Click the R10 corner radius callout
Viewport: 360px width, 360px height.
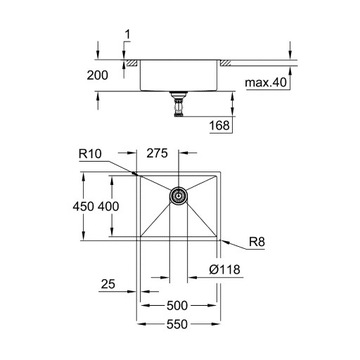92,155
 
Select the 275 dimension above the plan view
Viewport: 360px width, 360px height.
155,155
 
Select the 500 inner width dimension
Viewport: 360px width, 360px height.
178,305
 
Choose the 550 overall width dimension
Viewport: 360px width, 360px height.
178,326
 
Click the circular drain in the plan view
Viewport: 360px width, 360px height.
178,197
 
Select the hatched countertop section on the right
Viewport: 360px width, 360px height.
228,63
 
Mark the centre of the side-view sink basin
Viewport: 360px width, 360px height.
179,75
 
